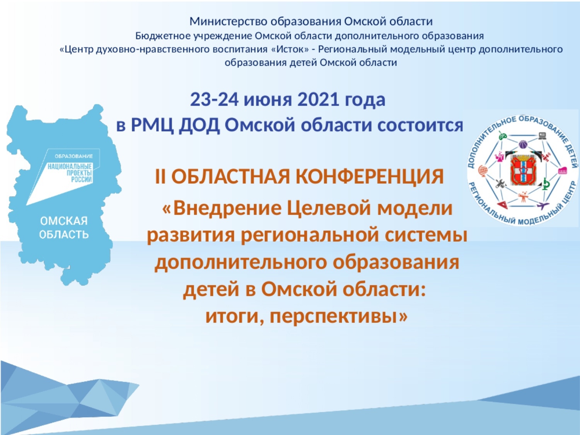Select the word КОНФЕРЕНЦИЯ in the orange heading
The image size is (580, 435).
coord(369,177)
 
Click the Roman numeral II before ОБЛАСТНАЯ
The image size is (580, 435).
coord(160,177)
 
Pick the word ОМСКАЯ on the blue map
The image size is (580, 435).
coord(64,221)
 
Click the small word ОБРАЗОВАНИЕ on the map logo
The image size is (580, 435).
coord(73,156)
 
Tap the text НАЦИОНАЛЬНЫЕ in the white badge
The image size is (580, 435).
coord(70,166)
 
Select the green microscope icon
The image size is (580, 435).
coord(546,184)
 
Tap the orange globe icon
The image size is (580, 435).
coord(483,170)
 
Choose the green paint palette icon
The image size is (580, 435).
coord(502,136)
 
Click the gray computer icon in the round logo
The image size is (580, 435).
coord(542,136)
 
